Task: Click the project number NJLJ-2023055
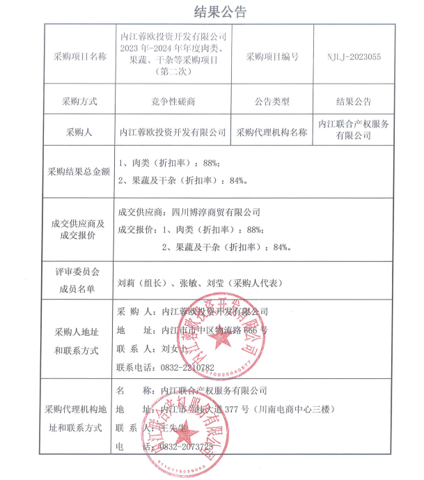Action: tap(353, 57)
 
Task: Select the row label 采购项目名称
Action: tap(79, 57)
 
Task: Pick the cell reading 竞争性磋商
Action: tap(173, 101)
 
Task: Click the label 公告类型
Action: tap(272, 101)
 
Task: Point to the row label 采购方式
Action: tap(79, 101)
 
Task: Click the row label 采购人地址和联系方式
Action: tap(79, 339)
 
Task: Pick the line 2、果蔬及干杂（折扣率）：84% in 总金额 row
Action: tap(183, 180)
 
